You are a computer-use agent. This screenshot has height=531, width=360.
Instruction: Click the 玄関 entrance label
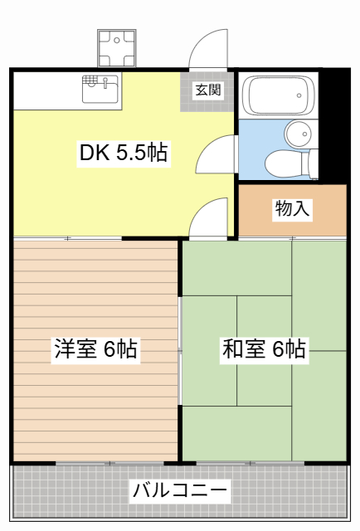[208, 90]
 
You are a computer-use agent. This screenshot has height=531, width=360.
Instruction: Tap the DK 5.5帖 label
[124, 153]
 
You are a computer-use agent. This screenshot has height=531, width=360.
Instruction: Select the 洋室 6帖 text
[95, 349]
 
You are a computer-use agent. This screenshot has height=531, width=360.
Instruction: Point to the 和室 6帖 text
[264, 349]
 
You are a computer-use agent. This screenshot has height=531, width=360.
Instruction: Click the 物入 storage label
[292, 208]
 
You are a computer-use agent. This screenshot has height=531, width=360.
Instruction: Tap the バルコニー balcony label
[180, 490]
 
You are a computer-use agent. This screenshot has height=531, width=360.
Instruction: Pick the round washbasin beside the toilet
[298, 133]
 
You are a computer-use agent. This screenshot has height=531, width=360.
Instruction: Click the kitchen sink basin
[101, 90]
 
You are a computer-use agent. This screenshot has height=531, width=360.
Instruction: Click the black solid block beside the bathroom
[333, 124]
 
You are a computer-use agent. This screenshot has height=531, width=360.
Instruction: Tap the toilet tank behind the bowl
[310, 163]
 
